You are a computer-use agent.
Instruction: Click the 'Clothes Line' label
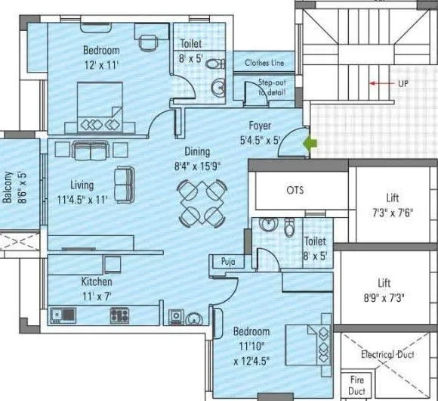click(264, 63)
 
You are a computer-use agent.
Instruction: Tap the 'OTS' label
click(295, 190)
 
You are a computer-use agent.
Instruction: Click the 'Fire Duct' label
click(356, 386)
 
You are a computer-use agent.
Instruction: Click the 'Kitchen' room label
click(97, 281)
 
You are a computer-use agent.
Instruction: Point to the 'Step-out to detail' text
click(272, 87)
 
